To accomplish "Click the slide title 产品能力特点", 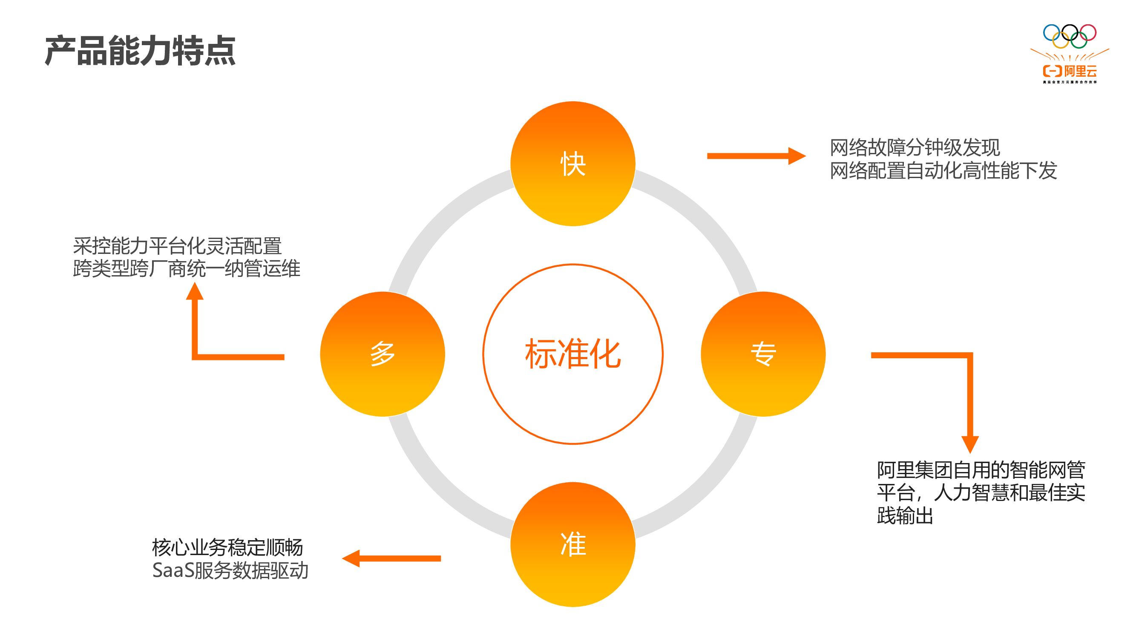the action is click(x=140, y=51).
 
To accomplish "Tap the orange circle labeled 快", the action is click(x=572, y=164).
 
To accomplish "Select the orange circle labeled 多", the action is click(x=383, y=354).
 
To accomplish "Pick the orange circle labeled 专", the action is click(x=763, y=354).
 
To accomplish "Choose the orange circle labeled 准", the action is click(x=572, y=544).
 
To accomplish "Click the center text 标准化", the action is click(x=572, y=354).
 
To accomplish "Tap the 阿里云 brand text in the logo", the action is click(x=1080, y=71).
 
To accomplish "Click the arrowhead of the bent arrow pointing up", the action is click(x=195, y=291).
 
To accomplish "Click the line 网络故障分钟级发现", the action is click(x=915, y=148).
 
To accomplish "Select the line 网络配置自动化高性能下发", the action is click(x=943, y=171).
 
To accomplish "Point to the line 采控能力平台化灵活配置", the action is click(x=177, y=246).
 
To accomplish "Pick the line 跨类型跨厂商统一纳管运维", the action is click(x=187, y=268).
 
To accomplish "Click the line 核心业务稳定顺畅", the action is click(x=227, y=548).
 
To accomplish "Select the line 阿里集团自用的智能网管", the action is click(x=981, y=470).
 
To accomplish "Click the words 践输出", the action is click(x=905, y=515).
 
